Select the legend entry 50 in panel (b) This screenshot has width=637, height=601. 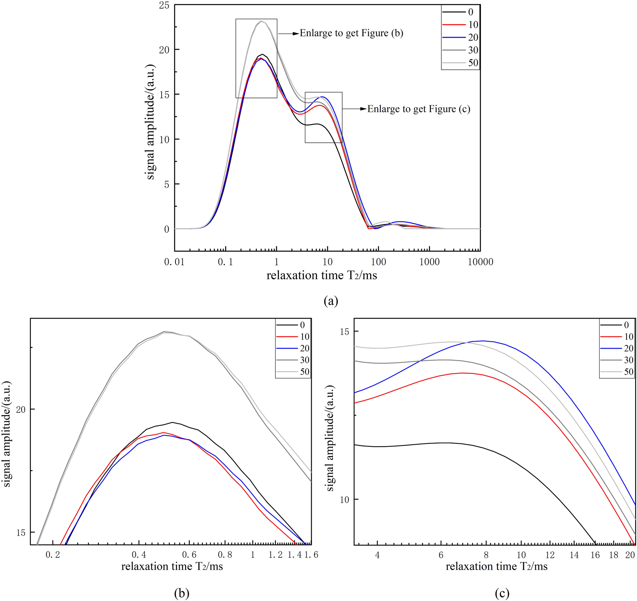(x=304, y=372)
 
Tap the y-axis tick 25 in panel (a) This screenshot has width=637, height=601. (x=164, y=5)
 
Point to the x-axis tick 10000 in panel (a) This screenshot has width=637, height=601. (x=480, y=262)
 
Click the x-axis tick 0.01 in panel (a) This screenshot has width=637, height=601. (x=174, y=262)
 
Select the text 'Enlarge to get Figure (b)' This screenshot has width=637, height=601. (x=351, y=33)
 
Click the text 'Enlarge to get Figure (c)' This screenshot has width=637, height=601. (x=418, y=109)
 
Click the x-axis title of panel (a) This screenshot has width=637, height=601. (x=321, y=276)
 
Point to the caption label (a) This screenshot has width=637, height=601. (x=331, y=301)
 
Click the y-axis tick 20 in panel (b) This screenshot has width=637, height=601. (x=21, y=410)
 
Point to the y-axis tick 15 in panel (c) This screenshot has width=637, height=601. (x=344, y=332)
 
